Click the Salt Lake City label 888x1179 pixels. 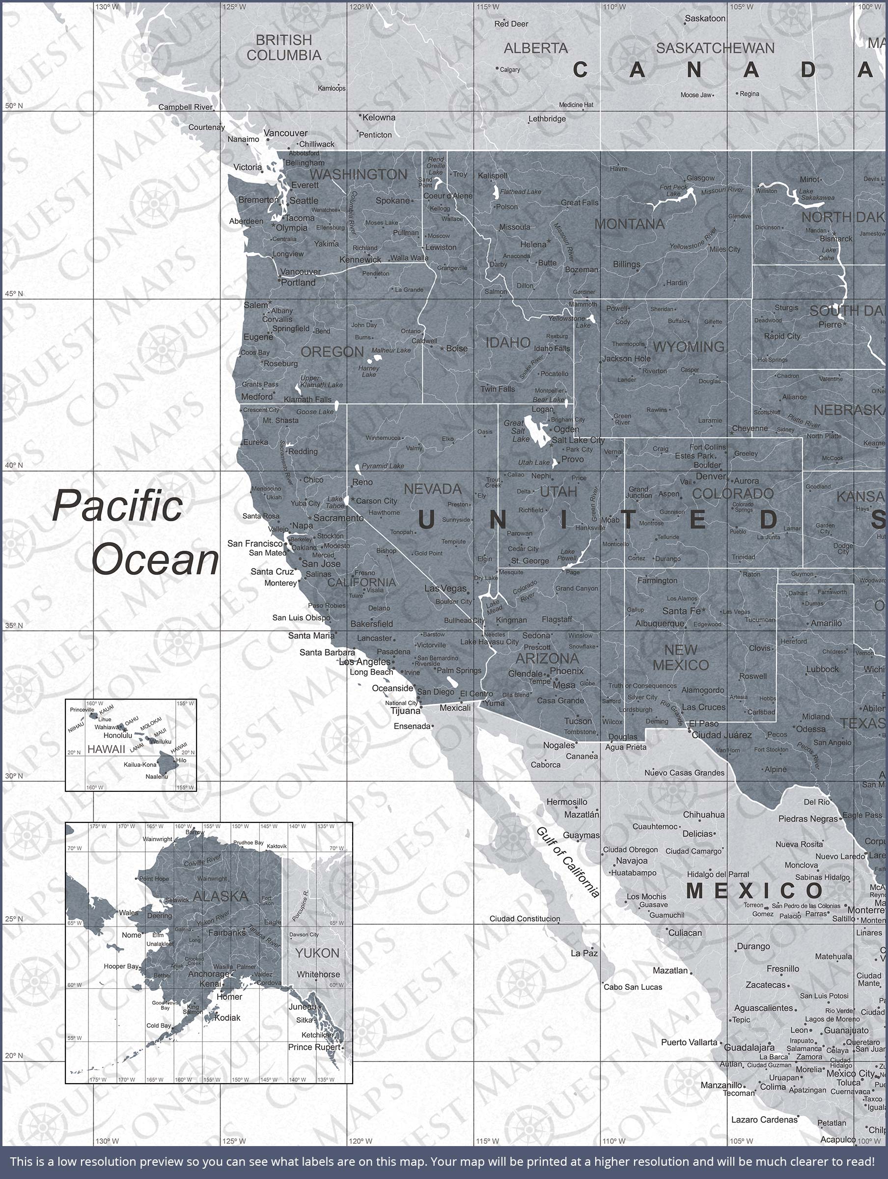(x=578, y=440)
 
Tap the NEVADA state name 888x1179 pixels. (x=432, y=489)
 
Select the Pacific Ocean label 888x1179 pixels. (x=136, y=533)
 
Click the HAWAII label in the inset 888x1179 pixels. (x=106, y=749)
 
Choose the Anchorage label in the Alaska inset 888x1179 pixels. (x=208, y=974)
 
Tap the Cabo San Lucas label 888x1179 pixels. (x=633, y=987)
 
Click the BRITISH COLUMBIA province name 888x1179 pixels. (x=283, y=48)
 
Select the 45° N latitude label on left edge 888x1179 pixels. (x=14, y=294)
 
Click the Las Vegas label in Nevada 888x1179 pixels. (x=445, y=589)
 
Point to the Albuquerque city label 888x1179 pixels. (x=659, y=623)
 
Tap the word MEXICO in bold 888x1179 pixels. (x=755, y=891)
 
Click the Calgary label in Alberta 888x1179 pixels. (x=510, y=69)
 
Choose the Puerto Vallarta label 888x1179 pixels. (x=689, y=1042)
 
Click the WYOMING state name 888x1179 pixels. (x=688, y=347)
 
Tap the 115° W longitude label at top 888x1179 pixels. (x=488, y=7)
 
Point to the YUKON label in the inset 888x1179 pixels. (x=317, y=953)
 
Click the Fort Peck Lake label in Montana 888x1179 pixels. (x=673, y=190)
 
